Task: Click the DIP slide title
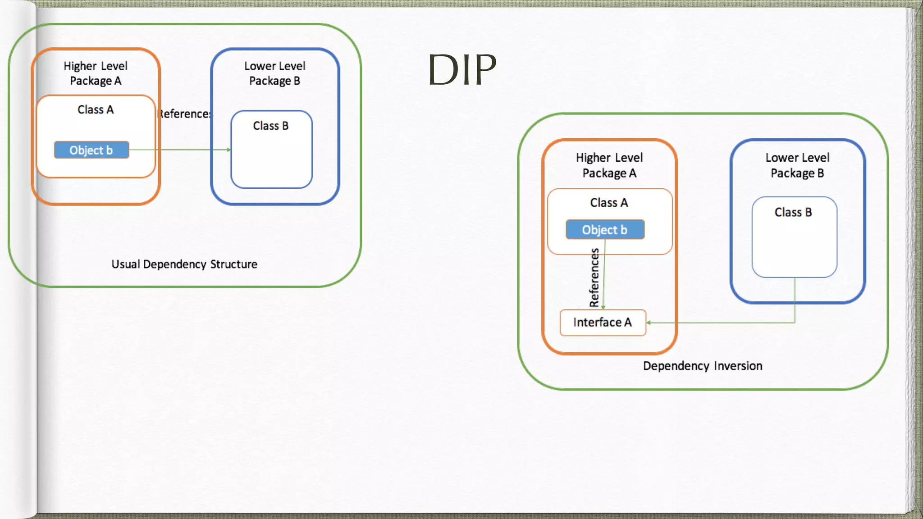(x=462, y=70)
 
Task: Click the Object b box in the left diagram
(x=91, y=150)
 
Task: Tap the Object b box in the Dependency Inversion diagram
(x=605, y=230)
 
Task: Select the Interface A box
(x=603, y=323)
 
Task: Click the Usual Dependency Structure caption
(x=184, y=264)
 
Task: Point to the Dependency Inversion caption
(x=702, y=366)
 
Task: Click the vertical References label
(x=594, y=278)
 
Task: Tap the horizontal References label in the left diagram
(x=185, y=114)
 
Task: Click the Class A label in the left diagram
(x=96, y=109)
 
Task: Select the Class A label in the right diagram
(x=609, y=203)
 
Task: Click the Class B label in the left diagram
(x=270, y=126)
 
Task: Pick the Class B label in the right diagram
(x=793, y=212)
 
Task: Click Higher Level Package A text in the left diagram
(x=96, y=73)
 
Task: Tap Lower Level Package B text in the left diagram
(x=275, y=73)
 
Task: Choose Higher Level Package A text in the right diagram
(x=609, y=165)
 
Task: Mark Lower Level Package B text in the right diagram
(x=797, y=165)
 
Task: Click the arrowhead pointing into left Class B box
(x=229, y=150)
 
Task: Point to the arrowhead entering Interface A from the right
(x=649, y=323)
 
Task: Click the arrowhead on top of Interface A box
(x=603, y=307)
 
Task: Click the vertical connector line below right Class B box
(x=795, y=300)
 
